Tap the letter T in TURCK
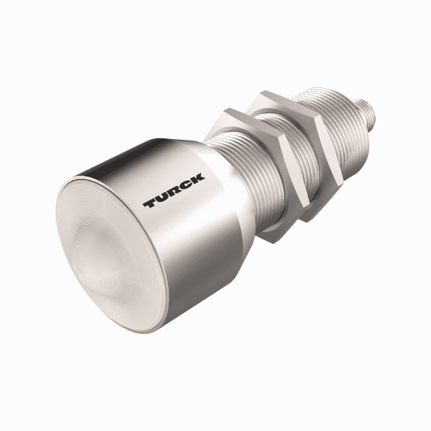pyautogui.click(x=150, y=203)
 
